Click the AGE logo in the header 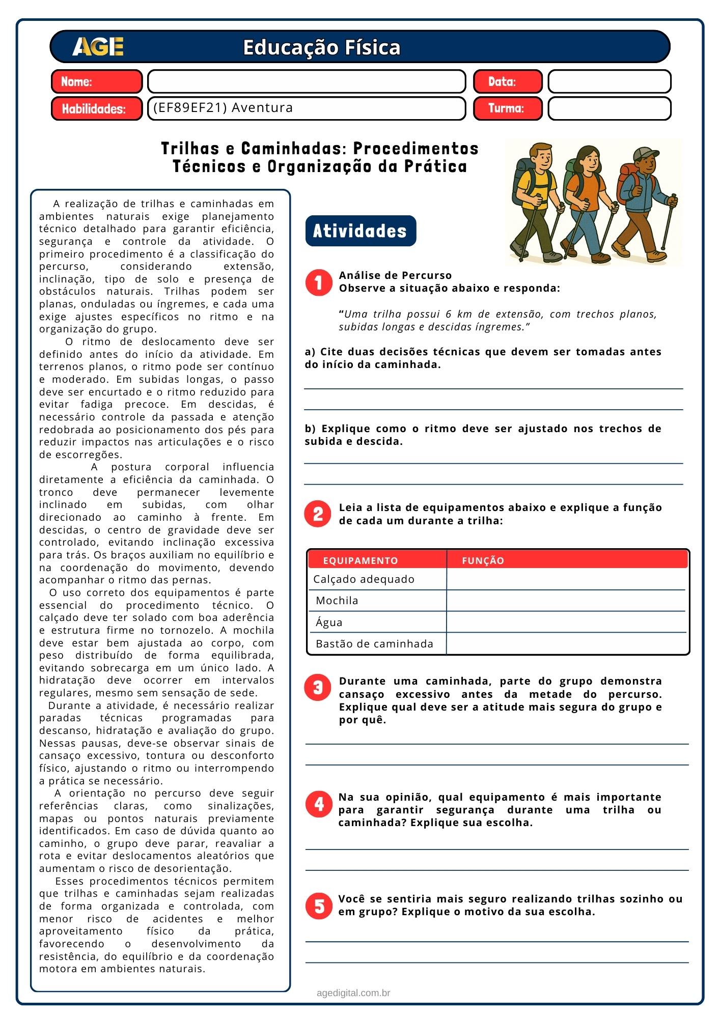98,47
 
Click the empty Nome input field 307,81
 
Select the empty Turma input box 610,108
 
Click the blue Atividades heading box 361,231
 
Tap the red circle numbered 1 319,282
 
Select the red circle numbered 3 318,688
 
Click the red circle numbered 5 319,906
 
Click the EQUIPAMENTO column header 361,561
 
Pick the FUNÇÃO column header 483,561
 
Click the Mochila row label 337,601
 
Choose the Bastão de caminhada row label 374,644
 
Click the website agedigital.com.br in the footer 353,993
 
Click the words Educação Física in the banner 321,47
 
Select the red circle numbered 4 319,804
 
